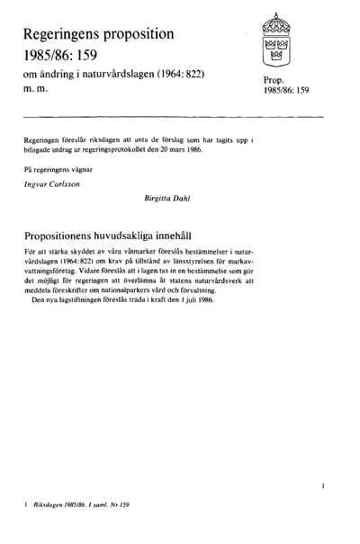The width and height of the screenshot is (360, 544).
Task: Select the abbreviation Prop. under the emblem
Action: (x=274, y=81)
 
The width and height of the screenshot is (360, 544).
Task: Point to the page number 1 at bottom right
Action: (x=322, y=486)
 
